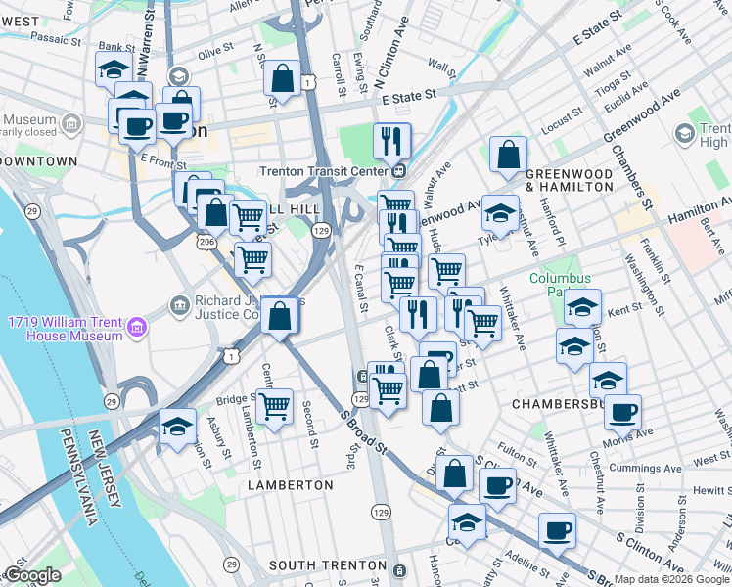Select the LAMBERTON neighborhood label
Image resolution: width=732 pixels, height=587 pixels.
coord(291,485)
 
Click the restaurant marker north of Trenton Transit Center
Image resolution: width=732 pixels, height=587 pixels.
coord(390,141)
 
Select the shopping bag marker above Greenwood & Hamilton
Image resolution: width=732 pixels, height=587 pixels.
coord(508,156)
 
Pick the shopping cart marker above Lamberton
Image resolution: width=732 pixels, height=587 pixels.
coord(274,405)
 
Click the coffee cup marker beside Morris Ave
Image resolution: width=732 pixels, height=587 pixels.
coord(621,413)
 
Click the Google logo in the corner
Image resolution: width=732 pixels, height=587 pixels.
coord(31,575)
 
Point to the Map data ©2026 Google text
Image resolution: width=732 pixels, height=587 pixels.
coord(670,579)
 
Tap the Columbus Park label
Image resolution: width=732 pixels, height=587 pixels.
coord(562,285)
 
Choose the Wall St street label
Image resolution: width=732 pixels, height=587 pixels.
coord(442,68)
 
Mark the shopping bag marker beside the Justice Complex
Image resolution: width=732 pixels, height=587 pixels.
coord(281,316)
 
